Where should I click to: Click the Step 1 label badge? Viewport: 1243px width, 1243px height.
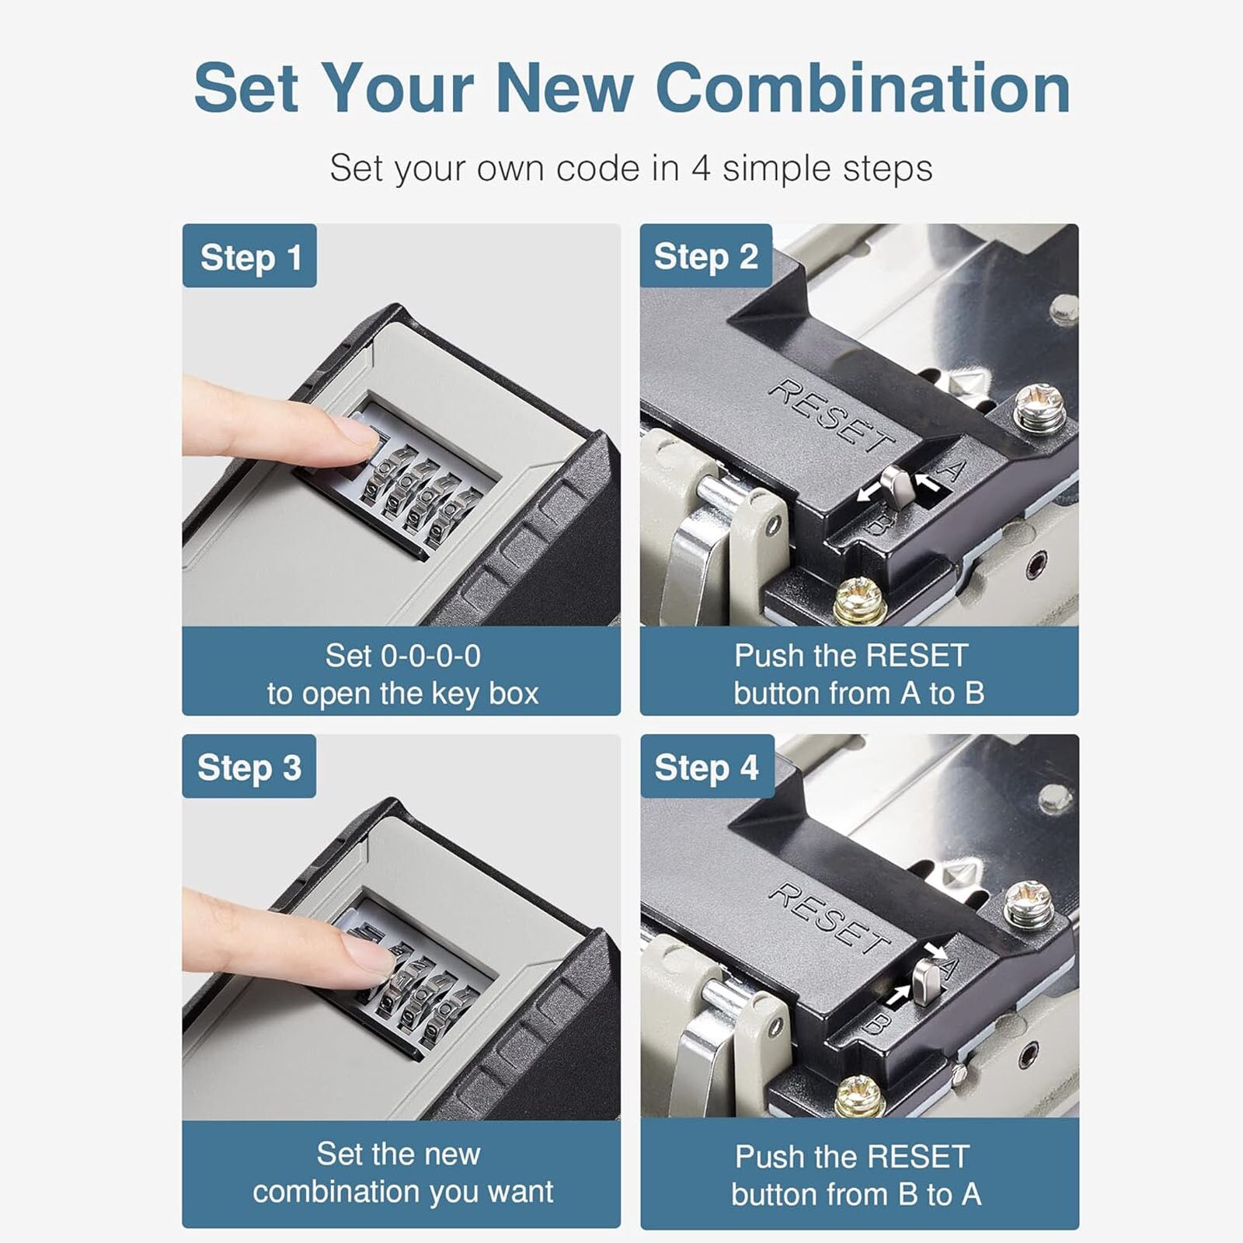coord(249,256)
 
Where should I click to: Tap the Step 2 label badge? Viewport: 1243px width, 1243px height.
coord(705,256)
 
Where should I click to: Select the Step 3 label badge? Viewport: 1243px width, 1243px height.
coord(249,767)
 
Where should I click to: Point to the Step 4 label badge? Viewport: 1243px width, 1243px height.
coord(706,767)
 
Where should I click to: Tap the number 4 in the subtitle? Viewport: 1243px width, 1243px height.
coord(701,169)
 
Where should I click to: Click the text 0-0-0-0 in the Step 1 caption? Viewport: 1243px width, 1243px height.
coord(430,656)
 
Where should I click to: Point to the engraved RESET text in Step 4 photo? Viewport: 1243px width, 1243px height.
coord(830,918)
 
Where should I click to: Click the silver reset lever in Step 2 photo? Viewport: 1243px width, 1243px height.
coord(898,488)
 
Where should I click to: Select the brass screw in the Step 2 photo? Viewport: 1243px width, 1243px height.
coord(860,601)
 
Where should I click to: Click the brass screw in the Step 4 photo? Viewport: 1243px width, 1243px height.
coord(860,1097)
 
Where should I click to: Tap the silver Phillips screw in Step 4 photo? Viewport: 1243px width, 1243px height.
coord(1029,904)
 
